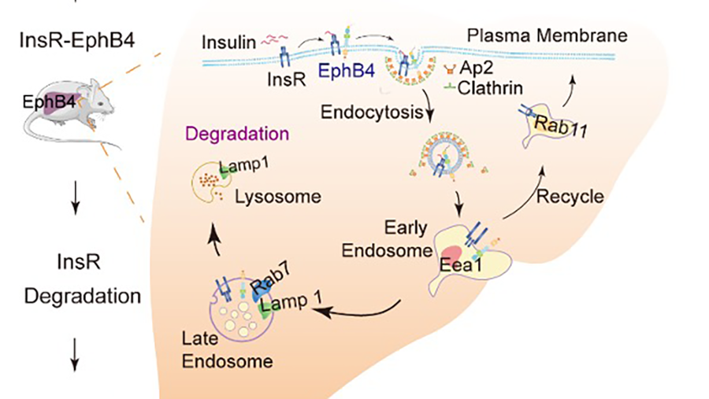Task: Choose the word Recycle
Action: tap(570, 196)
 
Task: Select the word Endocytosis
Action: tap(369, 113)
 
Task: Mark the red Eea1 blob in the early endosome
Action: tap(453, 257)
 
